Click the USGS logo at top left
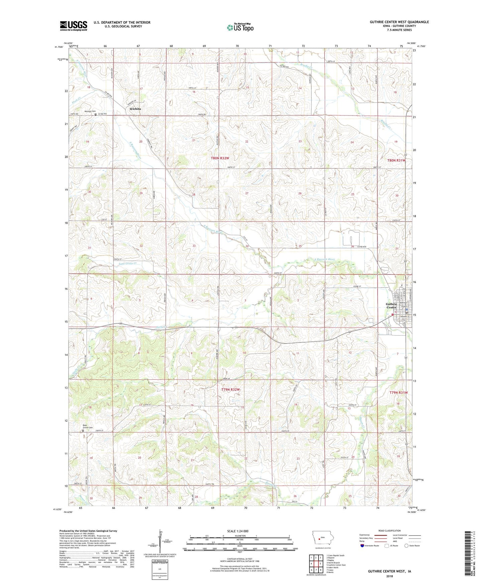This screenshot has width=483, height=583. tap(74, 25)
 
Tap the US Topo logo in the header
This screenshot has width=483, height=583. tap(240, 27)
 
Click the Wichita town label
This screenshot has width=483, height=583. tap(135, 109)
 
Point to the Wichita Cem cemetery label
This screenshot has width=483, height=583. tap(90, 111)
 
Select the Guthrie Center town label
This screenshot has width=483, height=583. tap(391, 306)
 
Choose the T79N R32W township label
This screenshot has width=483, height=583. tap(230, 390)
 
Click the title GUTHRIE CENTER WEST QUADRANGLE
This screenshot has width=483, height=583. tap(399, 22)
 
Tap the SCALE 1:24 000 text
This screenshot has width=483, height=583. tap(238, 531)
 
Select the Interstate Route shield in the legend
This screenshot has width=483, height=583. tap(363, 546)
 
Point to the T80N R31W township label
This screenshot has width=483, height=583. tap(396, 161)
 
